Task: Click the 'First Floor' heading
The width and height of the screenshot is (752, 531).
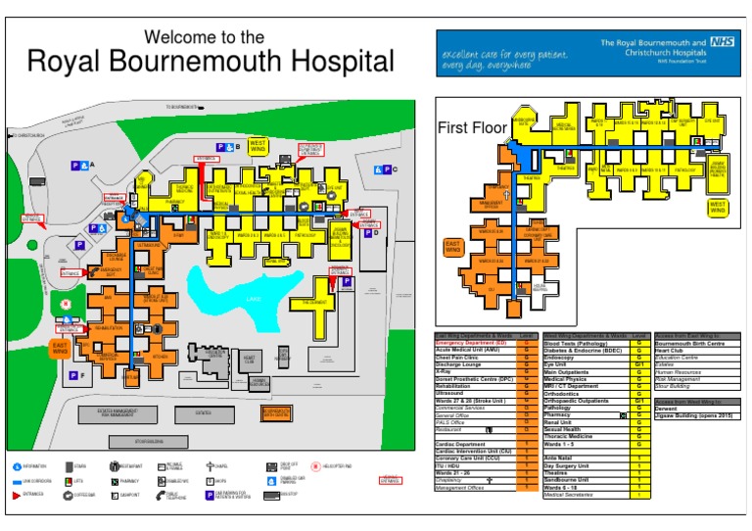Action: pyautogui.click(x=472, y=128)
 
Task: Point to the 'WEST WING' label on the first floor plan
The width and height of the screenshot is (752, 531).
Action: pyautogui.click(x=719, y=208)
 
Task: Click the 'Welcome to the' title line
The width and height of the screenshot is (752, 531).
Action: pyautogui.click(x=204, y=37)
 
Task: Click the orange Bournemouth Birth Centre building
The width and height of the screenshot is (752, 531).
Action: pyautogui.click(x=275, y=412)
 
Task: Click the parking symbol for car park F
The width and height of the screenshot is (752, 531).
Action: pyautogui.click(x=72, y=375)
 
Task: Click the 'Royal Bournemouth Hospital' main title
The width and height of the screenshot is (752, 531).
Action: pyautogui.click(x=211, y=63)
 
